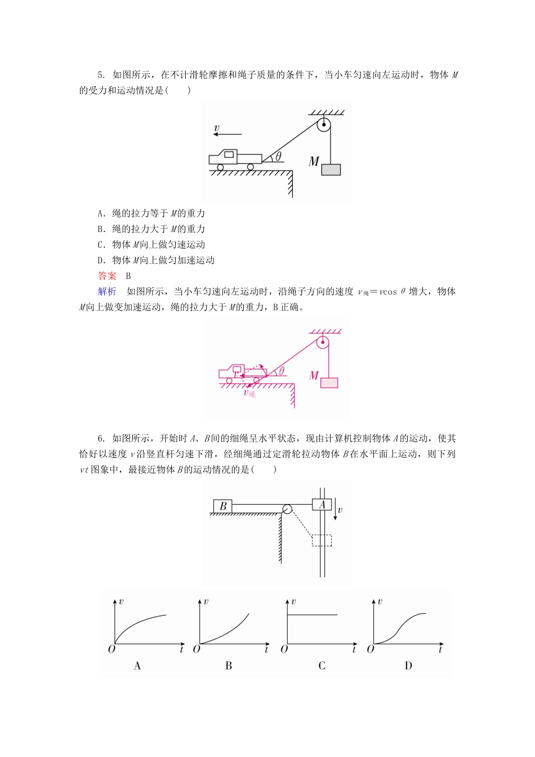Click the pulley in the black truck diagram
coord(323,124)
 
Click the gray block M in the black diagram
coord(331,169)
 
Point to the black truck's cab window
coord(229,154)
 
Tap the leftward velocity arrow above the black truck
coord(228,134)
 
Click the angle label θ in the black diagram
coord(278,157)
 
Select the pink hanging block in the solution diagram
coord(329,382)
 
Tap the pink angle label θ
coord(281,371)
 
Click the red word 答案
coord(107,276)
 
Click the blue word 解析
coord(107,291)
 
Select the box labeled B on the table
coord(222,506)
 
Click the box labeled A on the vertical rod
coord(322,505)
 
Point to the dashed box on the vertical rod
coord(322,540)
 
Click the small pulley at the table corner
coord(287,509)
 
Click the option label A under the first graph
coord(137,666)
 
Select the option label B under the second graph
coord(229,666)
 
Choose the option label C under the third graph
coord(322,666)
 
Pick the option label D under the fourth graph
coord(408,666)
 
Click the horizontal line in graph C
coord(313,615)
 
